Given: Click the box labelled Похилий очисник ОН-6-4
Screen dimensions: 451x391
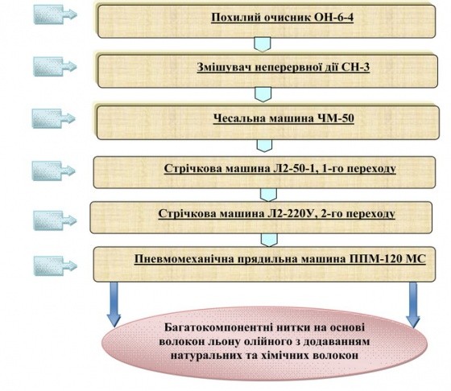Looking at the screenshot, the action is point(267,21).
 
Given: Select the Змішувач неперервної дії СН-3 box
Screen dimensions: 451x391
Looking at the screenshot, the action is point(267,71).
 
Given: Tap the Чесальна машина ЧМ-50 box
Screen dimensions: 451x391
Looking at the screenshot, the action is point(268,122).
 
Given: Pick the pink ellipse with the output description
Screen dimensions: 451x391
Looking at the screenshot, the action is point(265,344).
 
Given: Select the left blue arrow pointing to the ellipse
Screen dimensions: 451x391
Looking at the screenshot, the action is point(114,304).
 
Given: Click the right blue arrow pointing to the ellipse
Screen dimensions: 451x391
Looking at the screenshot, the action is point(413,305).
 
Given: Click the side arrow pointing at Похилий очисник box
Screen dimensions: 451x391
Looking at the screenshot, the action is point(56,14).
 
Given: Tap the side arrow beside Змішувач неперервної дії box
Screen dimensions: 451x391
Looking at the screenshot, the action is point(56,67).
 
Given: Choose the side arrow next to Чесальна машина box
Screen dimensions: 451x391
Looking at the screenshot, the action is point(53,118).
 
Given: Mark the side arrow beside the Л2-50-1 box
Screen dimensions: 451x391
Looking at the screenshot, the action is point(53,171).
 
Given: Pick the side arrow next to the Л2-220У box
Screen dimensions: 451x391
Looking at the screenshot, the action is point(56,220).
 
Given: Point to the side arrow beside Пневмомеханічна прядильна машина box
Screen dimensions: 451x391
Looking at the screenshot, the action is point(56,266).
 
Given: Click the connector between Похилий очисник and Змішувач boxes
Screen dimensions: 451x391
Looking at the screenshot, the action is point(263,45).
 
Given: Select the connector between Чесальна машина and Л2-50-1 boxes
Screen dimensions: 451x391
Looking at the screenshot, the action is point(264,146).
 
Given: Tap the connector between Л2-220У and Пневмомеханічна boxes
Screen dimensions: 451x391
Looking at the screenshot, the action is point(269,240).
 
